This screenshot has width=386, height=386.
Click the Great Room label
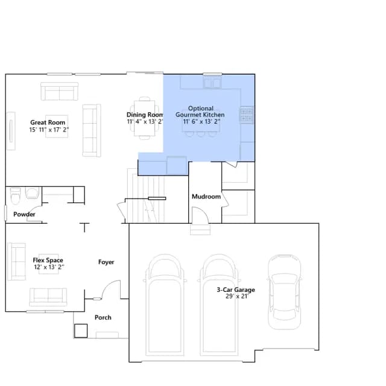[x=48, y=122]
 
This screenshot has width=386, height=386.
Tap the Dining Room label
[x=145, y=115]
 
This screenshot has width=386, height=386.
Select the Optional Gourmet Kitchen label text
[x=200, y=112]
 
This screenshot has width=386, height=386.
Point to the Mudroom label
[x=206, y=197]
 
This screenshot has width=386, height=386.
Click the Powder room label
[x=24, y=214]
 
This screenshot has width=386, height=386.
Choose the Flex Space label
[x=48, y=260]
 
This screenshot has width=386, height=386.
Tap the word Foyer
[x=106, y=262]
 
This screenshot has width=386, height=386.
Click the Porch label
[x=103, y=317]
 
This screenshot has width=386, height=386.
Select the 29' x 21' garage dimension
[x=237, y=296]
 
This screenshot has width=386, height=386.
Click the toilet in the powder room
[x=15, y=196]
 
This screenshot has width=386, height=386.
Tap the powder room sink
[x=32, y=193]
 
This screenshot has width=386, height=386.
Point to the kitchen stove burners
[x=247, y=115]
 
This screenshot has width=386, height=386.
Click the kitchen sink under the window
[x=212, y=83]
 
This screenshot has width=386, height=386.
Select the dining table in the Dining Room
[x=145, y=118]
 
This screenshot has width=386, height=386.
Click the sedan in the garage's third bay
[x=284, y=292]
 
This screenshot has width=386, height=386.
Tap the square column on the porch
[x=81, y=331]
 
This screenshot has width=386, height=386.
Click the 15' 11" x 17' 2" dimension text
[x=49, y=130]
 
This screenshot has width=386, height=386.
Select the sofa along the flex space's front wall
[x=48, y=297]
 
